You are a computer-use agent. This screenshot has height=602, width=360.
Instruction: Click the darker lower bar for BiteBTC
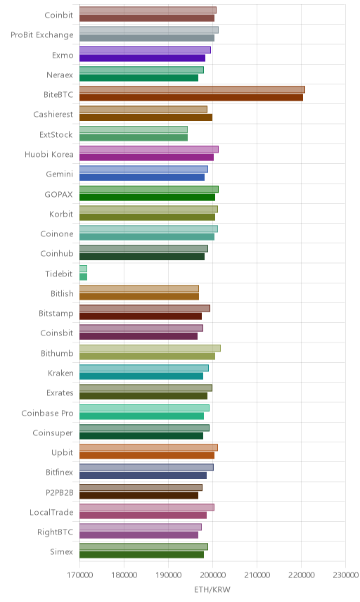[x=191, y=98]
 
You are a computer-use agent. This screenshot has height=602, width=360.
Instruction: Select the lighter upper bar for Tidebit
[x=83, y=269]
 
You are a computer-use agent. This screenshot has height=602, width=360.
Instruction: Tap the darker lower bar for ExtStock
[x=134, y=137]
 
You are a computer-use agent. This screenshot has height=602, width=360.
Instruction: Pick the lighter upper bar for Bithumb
[x=150, y=348]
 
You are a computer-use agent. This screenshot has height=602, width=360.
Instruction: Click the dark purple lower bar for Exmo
[x=143, y=58]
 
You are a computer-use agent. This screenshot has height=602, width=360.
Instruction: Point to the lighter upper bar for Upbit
[x=148, y=448]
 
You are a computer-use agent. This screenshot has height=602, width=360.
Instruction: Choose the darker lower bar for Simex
[x=141, y=555]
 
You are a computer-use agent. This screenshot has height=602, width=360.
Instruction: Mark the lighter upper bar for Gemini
[x=144, y=169]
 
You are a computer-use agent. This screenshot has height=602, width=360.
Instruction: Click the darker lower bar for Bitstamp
[x=141, y=316]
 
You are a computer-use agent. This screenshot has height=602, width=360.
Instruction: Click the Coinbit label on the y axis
[x=59, y=15]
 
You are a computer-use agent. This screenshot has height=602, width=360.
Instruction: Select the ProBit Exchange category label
[x=41, y=35]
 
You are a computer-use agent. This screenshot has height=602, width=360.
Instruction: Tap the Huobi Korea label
[x=49, y=154]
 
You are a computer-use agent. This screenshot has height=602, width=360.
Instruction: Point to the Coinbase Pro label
[x=47, y=413]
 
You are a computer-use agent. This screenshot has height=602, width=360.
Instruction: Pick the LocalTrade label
[x=51, y=513]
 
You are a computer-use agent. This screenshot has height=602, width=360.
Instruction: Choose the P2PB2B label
[x=59, y=492]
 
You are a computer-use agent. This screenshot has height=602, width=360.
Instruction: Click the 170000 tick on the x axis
[x=80, y=575]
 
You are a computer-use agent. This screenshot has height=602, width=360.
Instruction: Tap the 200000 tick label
[x=212, y=575]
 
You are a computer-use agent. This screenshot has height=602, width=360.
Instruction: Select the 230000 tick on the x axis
[x=345, y=575]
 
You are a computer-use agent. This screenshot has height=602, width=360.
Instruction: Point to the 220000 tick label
[x=301, y=575]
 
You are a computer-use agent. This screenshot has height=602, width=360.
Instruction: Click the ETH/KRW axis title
[x=212, y=590]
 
